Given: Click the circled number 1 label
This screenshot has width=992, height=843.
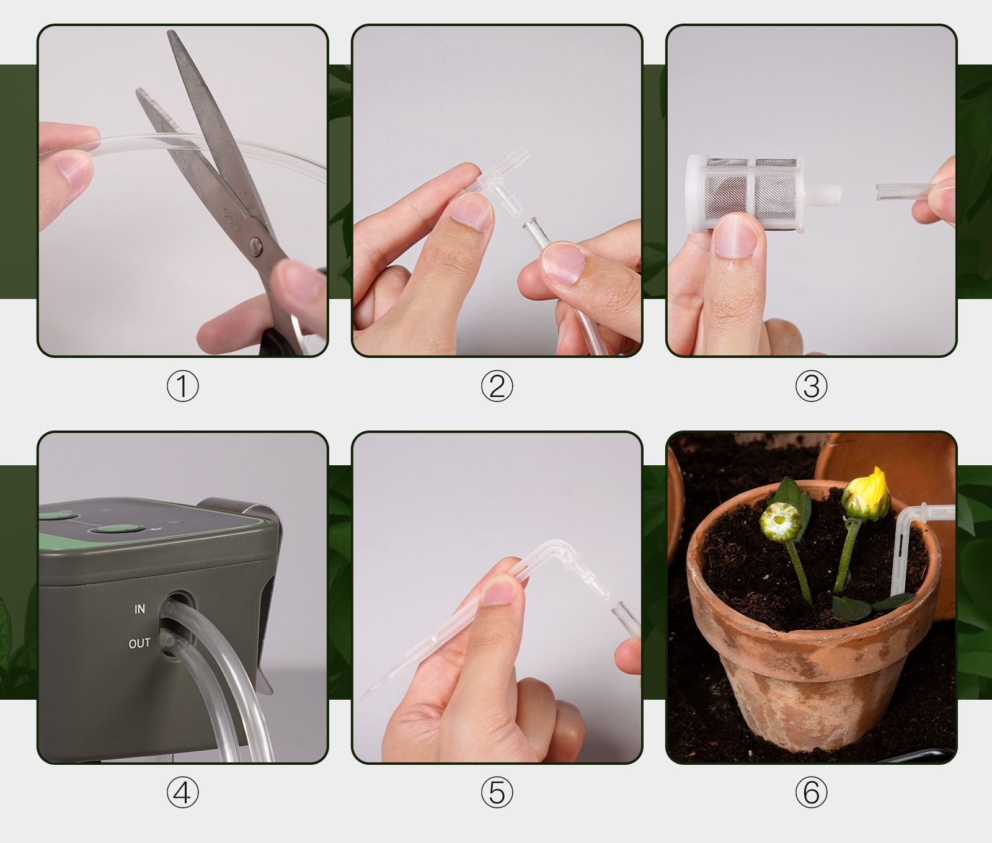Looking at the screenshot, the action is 182,386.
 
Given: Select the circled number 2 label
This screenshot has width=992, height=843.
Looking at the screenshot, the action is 497,386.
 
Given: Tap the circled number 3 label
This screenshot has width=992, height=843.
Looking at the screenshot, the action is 811,386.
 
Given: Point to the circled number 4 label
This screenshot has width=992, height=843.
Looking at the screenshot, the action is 182,793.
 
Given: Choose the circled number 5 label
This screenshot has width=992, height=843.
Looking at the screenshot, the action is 497,793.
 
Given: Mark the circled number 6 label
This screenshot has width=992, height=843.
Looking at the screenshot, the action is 811,793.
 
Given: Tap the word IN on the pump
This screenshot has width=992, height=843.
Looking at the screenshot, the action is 139,609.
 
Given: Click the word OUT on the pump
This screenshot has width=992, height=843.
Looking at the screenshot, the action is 139,643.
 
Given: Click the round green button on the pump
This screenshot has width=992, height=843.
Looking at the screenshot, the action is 115,529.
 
